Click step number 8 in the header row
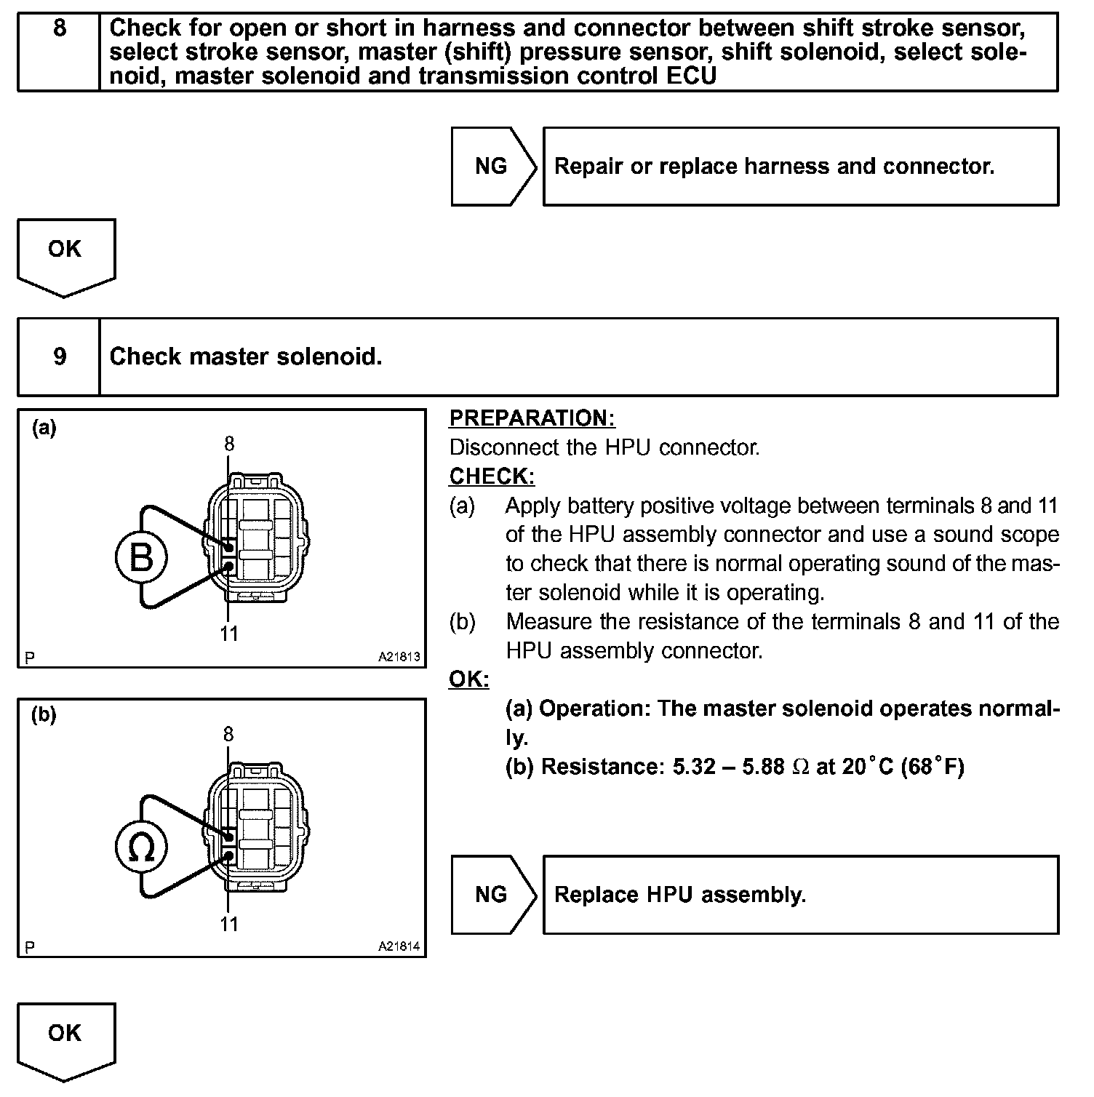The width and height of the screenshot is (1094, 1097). (x=60, y=29)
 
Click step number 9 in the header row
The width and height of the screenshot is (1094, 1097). (x=60, y=356)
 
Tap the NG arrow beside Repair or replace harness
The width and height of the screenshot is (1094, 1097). (x=492, y=166)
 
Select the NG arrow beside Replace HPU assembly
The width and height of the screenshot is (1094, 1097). (x=492, y=894)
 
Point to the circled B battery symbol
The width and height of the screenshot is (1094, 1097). (x=142, y=558)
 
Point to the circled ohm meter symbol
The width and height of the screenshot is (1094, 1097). (x=142, y=848)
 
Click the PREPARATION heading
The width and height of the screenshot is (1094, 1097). (x=532, y=418)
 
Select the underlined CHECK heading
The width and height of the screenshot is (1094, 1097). (x=492, y=476)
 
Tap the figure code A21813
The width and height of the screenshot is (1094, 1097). (x=399, y=657)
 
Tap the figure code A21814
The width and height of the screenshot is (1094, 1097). (x=399, y=946)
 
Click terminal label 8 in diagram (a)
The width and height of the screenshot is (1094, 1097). (x=229, y=444)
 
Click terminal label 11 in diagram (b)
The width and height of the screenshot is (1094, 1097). (x=229, y=924)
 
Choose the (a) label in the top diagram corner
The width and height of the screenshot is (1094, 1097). (x=44, y=428)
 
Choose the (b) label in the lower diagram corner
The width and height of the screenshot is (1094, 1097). (x=44, y=715)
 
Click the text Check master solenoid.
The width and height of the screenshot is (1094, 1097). (x=245, y=356)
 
